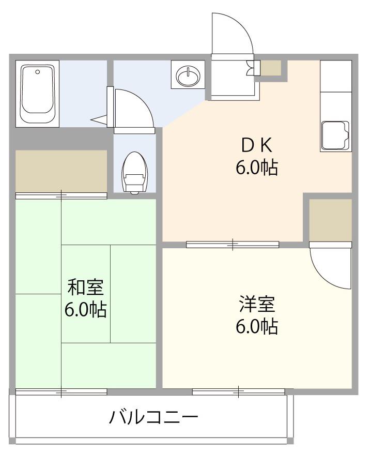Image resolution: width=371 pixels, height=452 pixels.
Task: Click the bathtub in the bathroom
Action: [x=37, y=94]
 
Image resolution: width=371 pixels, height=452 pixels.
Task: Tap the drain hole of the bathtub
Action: [x=37, y=72]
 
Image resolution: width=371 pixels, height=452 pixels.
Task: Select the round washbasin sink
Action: [x=188, y=76]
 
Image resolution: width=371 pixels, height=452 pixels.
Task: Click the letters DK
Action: [x=257, y=145]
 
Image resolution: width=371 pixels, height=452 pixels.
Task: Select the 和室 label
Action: [x=86, y=287]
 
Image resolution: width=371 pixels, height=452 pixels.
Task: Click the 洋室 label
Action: [x=257, y=304]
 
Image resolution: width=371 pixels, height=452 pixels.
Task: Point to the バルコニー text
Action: [x=154, y=417]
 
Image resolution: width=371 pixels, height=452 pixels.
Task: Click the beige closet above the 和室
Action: [x=61, y=171]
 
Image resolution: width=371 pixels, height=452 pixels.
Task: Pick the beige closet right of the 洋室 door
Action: [x=331, y=220]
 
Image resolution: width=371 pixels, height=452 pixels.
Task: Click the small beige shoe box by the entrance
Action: [x=271, y=68]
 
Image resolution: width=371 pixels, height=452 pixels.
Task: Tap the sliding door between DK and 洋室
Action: [x=233, y=245]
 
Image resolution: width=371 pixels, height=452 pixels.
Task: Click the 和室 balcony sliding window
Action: [x=61, y=392]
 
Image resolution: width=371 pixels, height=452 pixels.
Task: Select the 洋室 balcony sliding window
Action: [x=239, y=392]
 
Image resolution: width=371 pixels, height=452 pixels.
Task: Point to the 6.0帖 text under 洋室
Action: [x=257, y=326]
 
